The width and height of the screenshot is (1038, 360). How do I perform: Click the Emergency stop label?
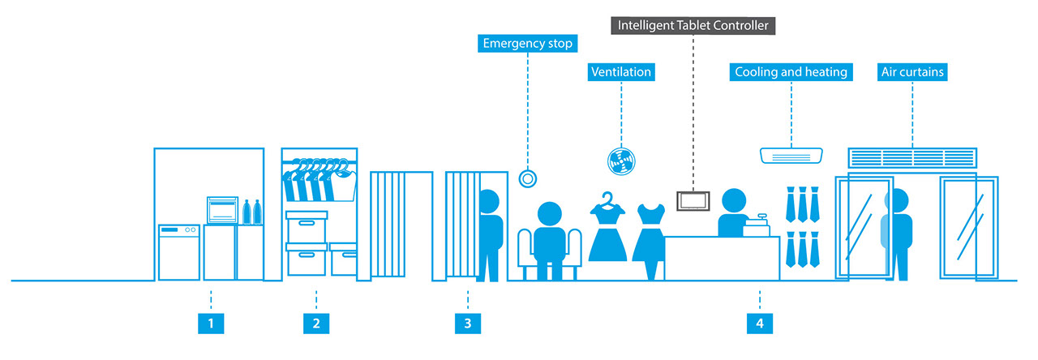(x=527, y=43)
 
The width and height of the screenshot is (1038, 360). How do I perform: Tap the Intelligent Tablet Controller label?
(x=693, y=25)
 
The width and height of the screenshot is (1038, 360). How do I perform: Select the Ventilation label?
(x=620, y=72)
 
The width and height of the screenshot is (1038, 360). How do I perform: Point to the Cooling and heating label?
(x=790, y=72)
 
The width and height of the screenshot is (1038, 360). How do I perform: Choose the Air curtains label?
(x=912, y=72)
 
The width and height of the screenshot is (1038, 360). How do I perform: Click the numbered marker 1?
(x=210, y=324)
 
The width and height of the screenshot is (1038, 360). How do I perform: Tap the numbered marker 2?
(x=316, y=324)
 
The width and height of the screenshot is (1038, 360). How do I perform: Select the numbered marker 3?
(x=467, y=324)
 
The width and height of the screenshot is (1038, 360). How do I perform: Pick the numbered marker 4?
(x=759, y=324)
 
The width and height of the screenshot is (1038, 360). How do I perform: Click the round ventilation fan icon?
(x=620, y=159)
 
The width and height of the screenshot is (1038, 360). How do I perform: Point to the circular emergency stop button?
(x=528, y=178)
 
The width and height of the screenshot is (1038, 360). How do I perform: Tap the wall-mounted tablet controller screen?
(x=693, y=200)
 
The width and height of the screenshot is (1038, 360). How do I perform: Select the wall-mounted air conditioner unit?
(x=791, y=154)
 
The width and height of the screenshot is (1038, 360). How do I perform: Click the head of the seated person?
(x=550, y=216)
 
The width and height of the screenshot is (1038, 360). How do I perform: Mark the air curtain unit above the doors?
(x=912, y=157)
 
